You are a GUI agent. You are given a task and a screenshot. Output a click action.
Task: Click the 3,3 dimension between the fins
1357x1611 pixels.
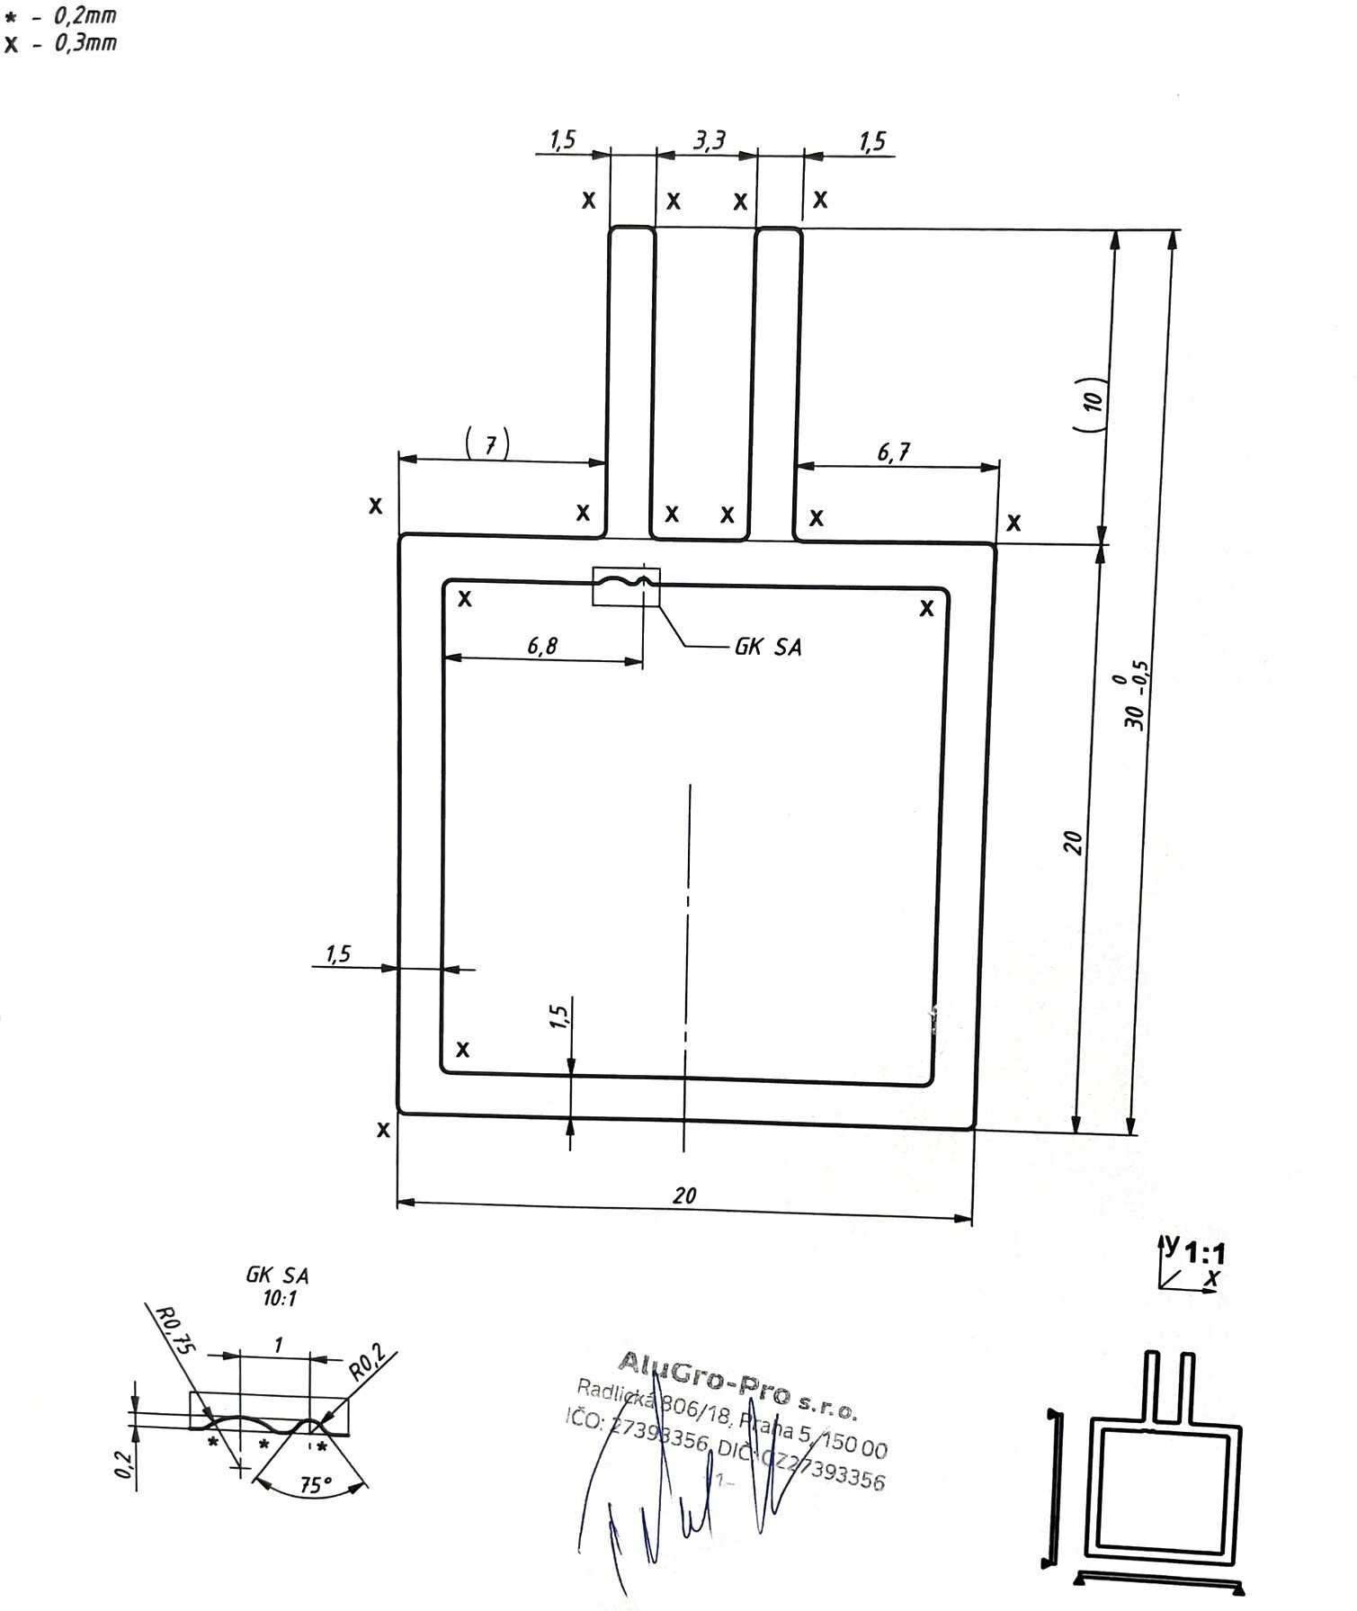click(709, 141)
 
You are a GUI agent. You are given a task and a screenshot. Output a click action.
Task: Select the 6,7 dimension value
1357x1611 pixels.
click(893, 452)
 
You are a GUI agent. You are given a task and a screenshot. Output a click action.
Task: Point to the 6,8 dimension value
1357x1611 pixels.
click(542, 646)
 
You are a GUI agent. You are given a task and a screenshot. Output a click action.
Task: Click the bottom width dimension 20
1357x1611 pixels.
click(684, 1195)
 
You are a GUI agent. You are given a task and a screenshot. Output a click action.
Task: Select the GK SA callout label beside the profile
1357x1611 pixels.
click(768, 647)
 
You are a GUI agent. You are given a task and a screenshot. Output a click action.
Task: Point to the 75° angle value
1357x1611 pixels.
click(315, 1485)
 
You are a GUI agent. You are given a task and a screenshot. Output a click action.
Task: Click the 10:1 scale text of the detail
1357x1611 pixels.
click(278, 1299)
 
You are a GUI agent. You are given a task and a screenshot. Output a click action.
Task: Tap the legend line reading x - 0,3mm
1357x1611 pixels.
click(60, 43)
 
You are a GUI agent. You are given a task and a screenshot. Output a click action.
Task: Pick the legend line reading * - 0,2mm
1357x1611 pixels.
click(60, 15)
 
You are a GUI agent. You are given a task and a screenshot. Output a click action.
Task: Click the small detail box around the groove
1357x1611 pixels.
click(626, 586)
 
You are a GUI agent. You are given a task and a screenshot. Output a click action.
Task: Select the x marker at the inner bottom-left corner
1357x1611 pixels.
click(463, 1049)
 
